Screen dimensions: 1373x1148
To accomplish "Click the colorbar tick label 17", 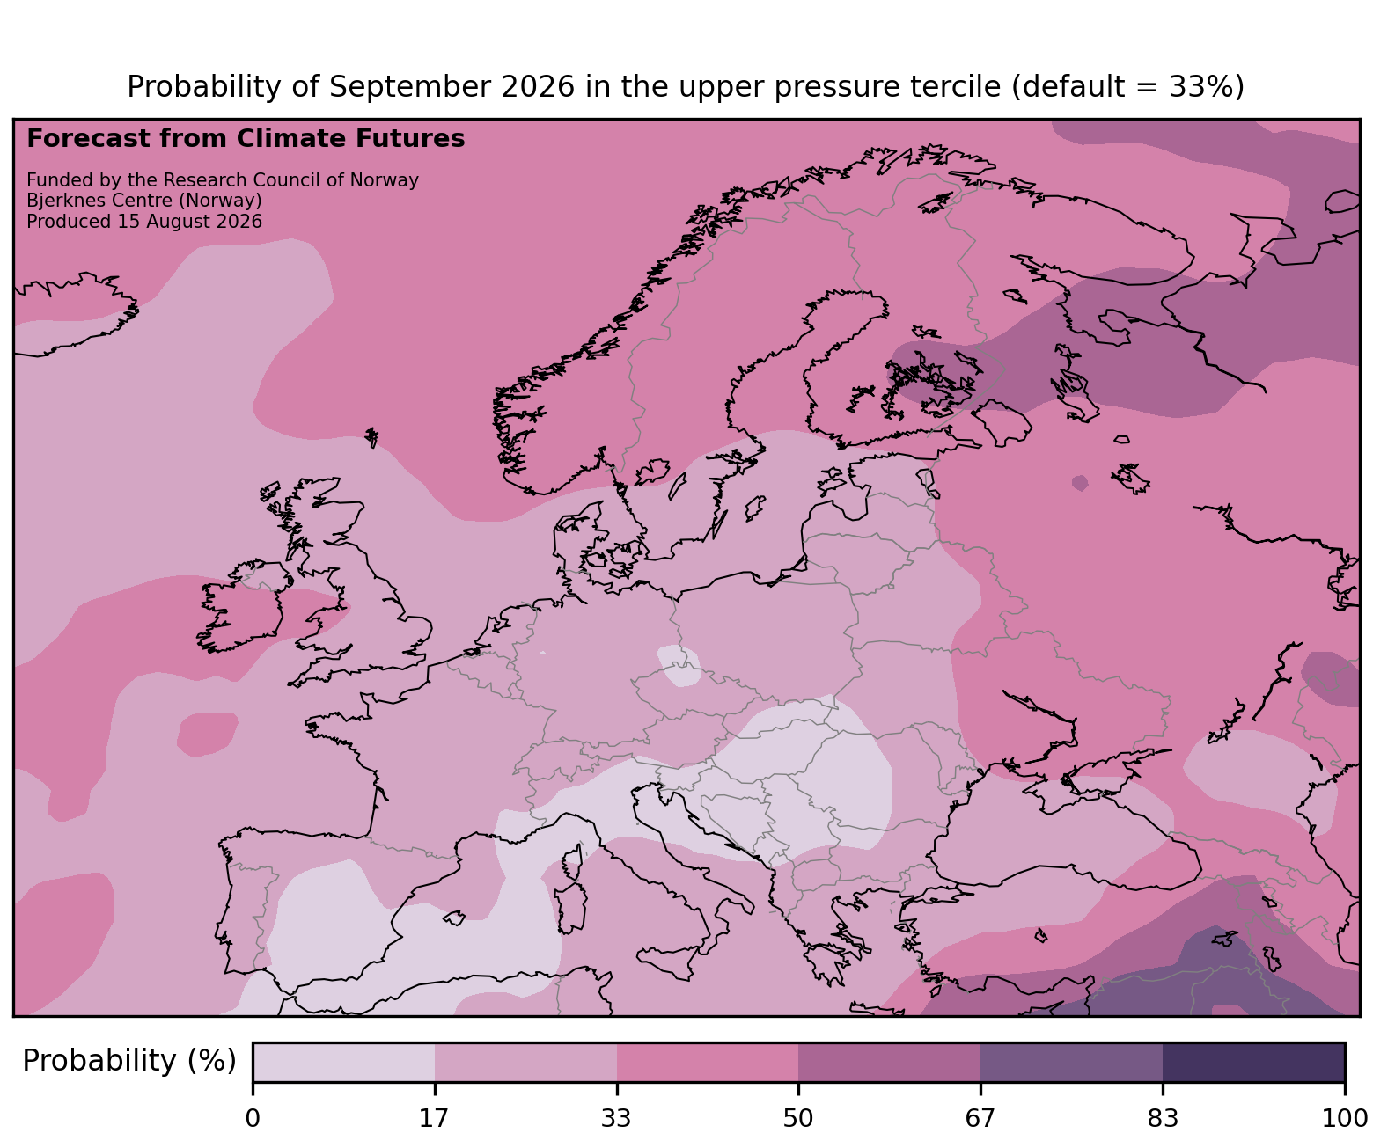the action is tap(434, 1118).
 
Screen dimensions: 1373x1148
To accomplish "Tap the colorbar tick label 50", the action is tap(798, 1118).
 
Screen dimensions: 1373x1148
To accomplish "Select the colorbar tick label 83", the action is tap(1163, 1118).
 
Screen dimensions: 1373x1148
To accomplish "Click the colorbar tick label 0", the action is tap(253, 1118).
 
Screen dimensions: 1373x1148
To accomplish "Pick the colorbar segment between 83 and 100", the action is tap(1254, 1062).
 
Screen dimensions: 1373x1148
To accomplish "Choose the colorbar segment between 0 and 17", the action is tap(344, 1062).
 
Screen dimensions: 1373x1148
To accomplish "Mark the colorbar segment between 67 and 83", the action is tap(1072, 1062).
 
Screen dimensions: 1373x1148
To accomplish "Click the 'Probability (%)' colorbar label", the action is tap(129, 1061).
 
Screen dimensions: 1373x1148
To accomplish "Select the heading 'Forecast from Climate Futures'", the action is tap(246, 139).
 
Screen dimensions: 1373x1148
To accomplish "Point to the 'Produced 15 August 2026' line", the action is tap(144, 222).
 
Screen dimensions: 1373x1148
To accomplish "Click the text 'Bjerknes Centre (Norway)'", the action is tap(144, 201).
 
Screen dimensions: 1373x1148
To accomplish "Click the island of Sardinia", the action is tap(570, 908).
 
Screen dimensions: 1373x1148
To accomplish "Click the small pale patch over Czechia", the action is tap(679, 666).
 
